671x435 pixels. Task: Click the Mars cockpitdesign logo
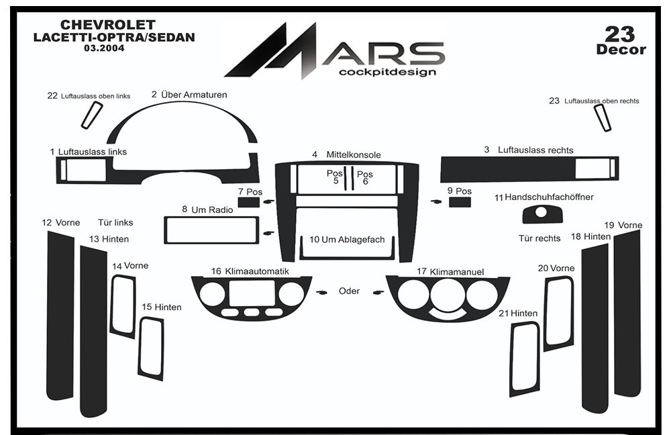(335, 50)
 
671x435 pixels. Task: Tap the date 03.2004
(104, 48)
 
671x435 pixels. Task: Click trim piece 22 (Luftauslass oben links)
(92, 115)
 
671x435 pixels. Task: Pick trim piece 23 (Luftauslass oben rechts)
(602, 117)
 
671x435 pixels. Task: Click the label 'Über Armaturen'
(194, 95)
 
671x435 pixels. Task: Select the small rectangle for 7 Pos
(249, 202)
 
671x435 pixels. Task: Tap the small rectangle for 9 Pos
(460, 202)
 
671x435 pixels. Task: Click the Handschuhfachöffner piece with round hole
(542, 214)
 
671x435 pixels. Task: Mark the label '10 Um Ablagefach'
(347, 240)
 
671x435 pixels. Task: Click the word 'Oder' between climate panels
(349, 291)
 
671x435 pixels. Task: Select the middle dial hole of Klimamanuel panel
(447, 295)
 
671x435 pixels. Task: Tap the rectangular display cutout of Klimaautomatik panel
(252, 293)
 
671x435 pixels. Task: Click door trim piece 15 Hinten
(151, 349)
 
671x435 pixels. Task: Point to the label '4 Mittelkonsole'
(347, 154)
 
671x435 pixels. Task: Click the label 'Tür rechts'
(539, 238)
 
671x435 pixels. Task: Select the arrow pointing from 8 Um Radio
(269, 234)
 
